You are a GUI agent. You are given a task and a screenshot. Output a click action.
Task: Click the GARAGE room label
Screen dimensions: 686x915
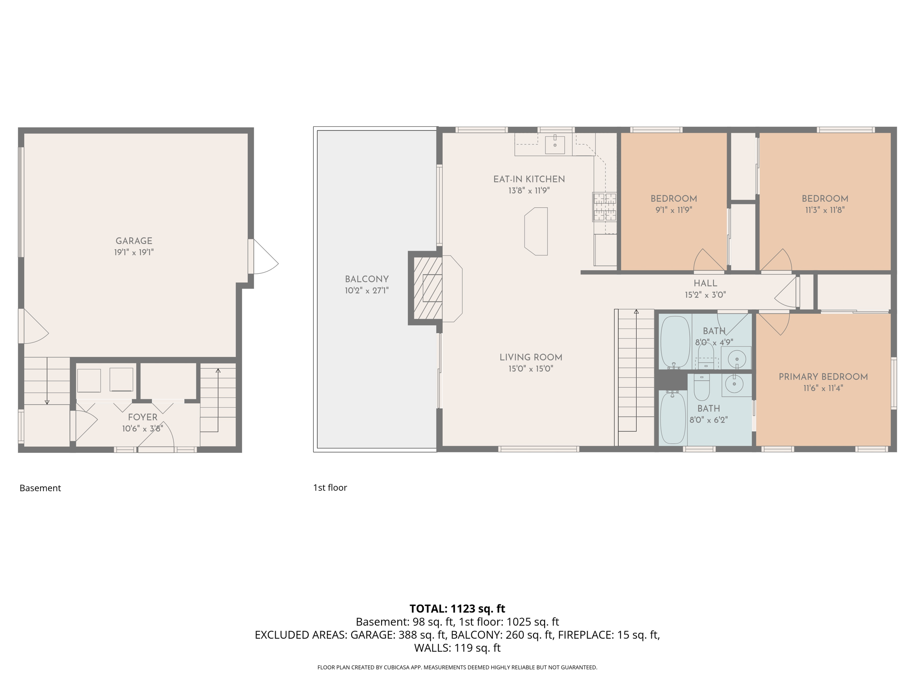(x=134, y=241)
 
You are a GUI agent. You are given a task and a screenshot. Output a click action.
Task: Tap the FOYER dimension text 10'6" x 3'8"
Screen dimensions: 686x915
(x=143, y=429)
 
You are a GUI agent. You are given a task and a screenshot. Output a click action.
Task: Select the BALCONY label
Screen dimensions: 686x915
(x=366, y=279)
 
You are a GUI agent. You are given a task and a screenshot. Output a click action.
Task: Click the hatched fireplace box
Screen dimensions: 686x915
(x=428, y=288)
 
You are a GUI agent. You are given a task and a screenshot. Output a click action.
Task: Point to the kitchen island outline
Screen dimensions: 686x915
(x=536, y=231)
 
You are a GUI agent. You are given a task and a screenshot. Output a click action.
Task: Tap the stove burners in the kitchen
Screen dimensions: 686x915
(x=604, y=207)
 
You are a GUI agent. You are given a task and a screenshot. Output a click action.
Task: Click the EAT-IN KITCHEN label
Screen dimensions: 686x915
(x=529, y=179)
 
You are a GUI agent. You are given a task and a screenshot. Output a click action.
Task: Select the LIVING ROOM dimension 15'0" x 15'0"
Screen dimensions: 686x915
(x=531, y=369)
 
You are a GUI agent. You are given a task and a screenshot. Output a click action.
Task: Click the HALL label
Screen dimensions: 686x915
(x=705, y=283)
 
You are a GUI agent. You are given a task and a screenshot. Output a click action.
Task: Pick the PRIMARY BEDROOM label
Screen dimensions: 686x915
(x=823, y=377)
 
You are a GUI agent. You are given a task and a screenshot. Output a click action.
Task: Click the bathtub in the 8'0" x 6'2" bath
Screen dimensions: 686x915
(x=673, y=417)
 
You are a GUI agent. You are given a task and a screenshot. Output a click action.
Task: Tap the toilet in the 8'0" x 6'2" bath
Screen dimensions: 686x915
(x=701, y=388)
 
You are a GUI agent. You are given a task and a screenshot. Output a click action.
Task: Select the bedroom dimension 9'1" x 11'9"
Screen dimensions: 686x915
(x=674, y=210)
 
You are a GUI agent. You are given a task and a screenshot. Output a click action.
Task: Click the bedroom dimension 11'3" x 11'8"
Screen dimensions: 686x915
(x=825, y=210)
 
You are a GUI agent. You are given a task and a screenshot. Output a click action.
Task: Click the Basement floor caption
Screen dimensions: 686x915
(x=40, y=488)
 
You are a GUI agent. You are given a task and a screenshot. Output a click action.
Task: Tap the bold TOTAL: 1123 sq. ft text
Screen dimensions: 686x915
(x=457, y=609)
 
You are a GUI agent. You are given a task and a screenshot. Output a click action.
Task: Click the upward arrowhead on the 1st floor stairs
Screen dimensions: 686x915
(x=636, y=311)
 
